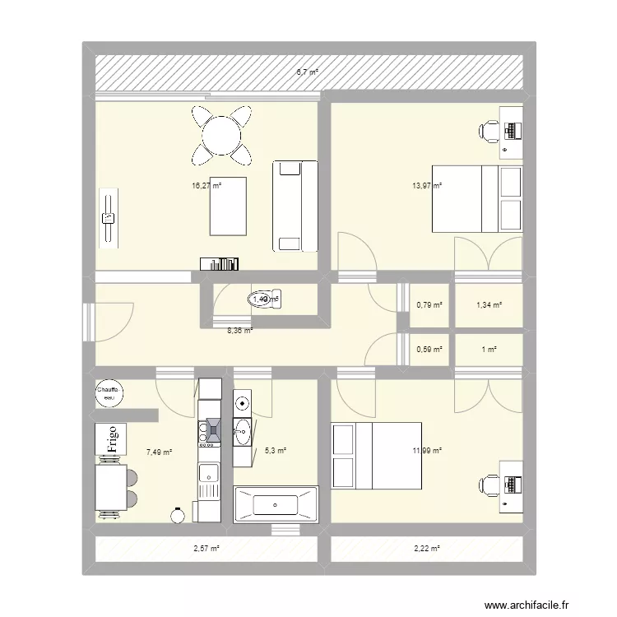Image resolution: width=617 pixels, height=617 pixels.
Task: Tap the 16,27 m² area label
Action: tap(206, 187)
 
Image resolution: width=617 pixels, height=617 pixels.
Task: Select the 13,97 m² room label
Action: tap(427, 187)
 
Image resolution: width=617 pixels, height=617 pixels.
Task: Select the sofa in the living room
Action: tap(295, 206)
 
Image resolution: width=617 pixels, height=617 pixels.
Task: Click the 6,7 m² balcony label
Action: tap(308, 72)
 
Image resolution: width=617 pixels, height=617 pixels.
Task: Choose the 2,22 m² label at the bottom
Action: tap(427, 549)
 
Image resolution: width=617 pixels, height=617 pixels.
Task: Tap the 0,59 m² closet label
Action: tap(429, 349)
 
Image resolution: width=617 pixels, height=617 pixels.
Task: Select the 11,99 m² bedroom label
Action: tap(427, 451)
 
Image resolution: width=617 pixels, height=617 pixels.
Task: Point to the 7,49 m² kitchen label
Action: tap(159, 451)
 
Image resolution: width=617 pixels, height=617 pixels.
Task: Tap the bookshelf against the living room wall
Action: tap(220, 263)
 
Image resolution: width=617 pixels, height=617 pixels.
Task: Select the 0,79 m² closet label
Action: tap(429, 305)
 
